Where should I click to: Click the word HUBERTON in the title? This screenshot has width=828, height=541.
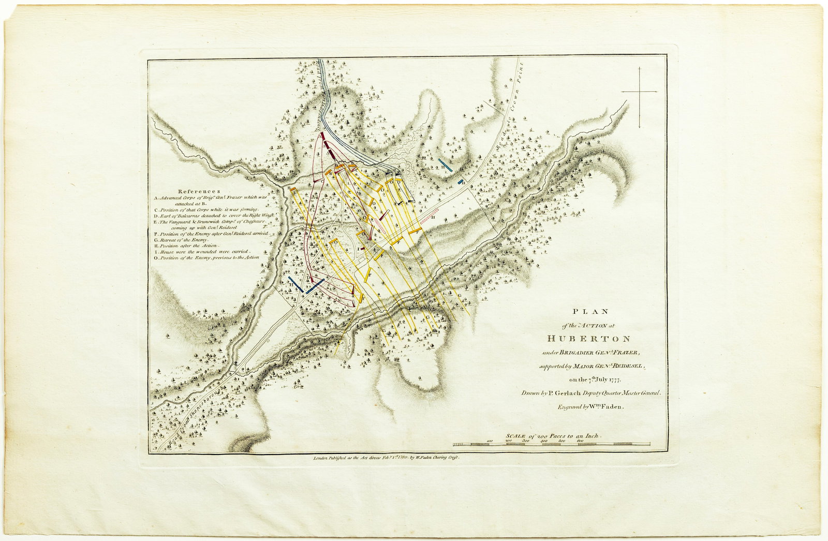[x=590, y=339]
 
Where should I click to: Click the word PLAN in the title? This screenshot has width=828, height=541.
[x=590, y=312]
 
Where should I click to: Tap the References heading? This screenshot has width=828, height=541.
[x=199, y=191]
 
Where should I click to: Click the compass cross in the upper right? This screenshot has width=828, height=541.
[x=639, y=92]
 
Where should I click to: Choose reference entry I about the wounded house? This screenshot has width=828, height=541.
[x=204, y=252]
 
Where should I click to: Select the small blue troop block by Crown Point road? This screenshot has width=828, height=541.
[x=460, y=182]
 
